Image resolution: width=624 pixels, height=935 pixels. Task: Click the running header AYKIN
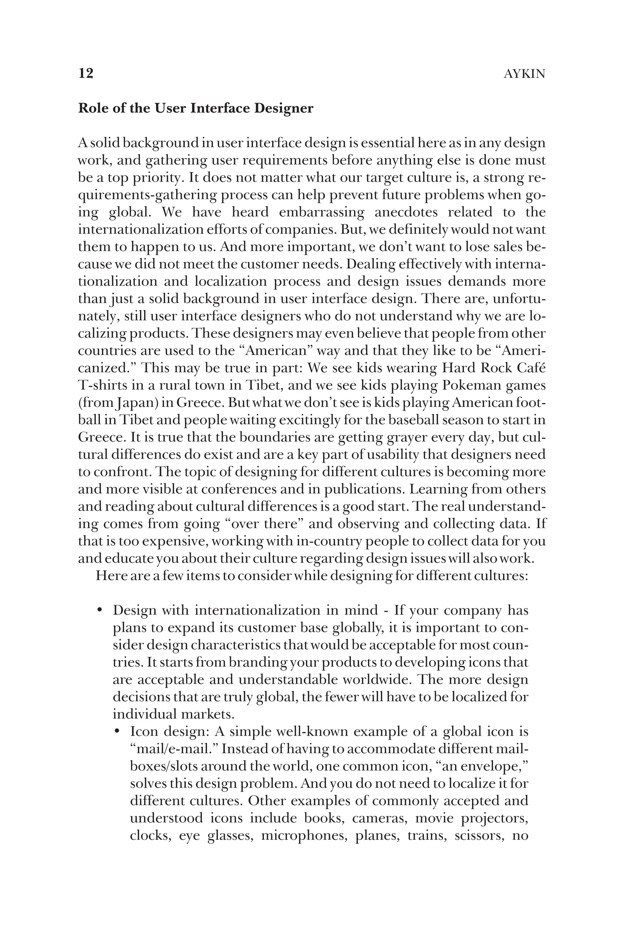click(524, 74)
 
